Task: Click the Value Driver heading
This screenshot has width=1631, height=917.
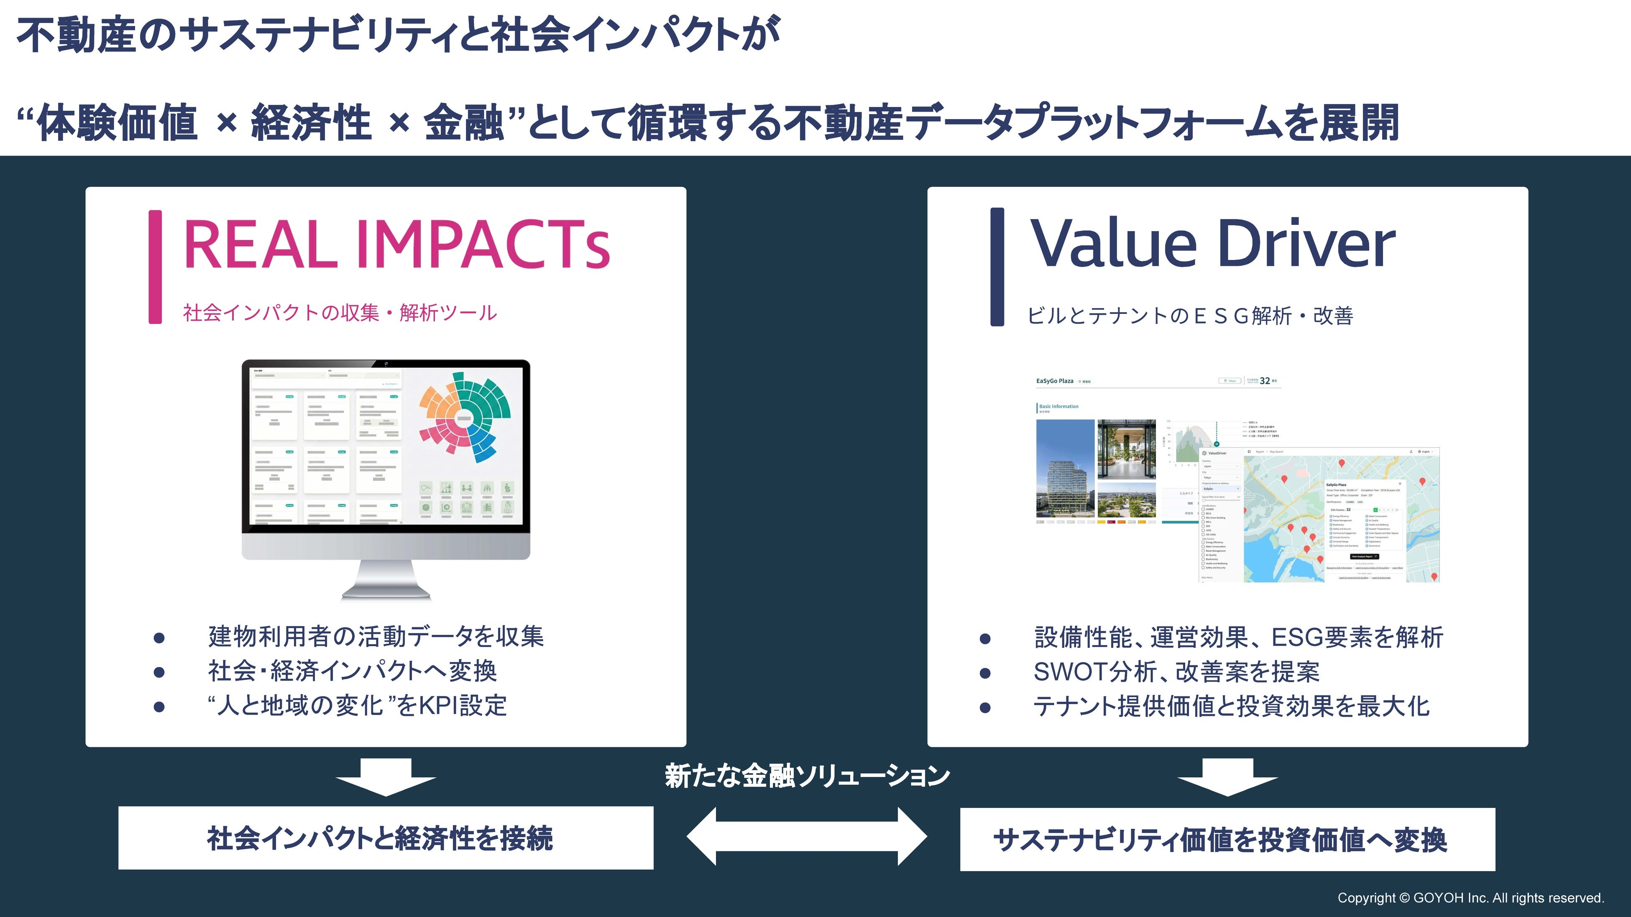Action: (1212, 244)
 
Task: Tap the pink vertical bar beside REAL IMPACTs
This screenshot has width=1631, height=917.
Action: (155, 267)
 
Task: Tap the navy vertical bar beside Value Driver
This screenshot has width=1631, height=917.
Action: (997, 267)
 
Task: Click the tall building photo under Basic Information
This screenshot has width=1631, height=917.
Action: (1065, 468)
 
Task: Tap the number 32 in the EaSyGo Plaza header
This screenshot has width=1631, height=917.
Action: (1264, 381)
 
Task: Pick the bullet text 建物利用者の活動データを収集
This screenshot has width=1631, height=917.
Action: (376, 637)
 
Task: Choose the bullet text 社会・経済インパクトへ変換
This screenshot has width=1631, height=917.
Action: (352, 671)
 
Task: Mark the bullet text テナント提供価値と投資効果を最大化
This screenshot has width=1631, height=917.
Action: (1231, 706)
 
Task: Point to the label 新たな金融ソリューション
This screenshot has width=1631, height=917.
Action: (807, 776)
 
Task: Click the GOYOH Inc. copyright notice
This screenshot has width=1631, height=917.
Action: (1470, 898)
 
